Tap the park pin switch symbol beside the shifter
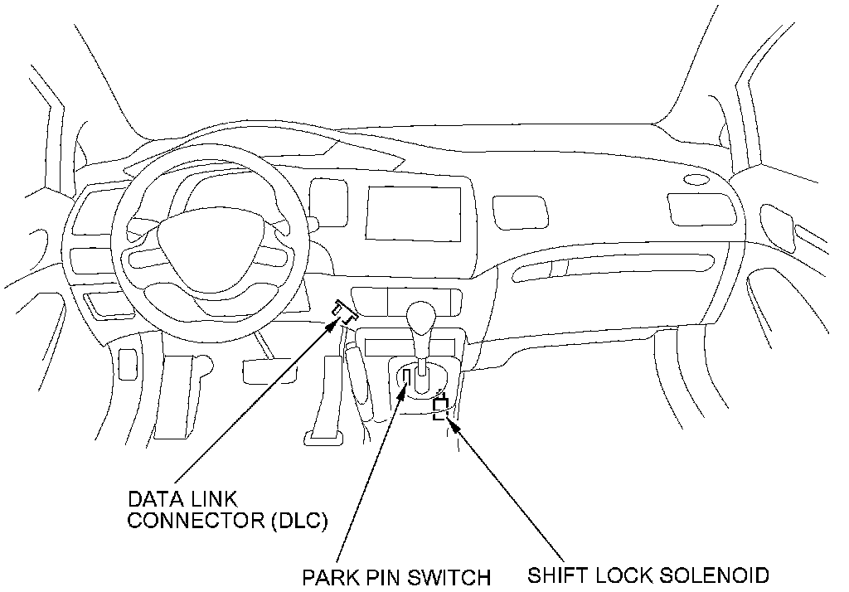[406, 378]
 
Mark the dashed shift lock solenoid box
[441, 408]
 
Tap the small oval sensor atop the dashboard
[696, 179]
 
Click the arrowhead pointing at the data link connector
[335, 325]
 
